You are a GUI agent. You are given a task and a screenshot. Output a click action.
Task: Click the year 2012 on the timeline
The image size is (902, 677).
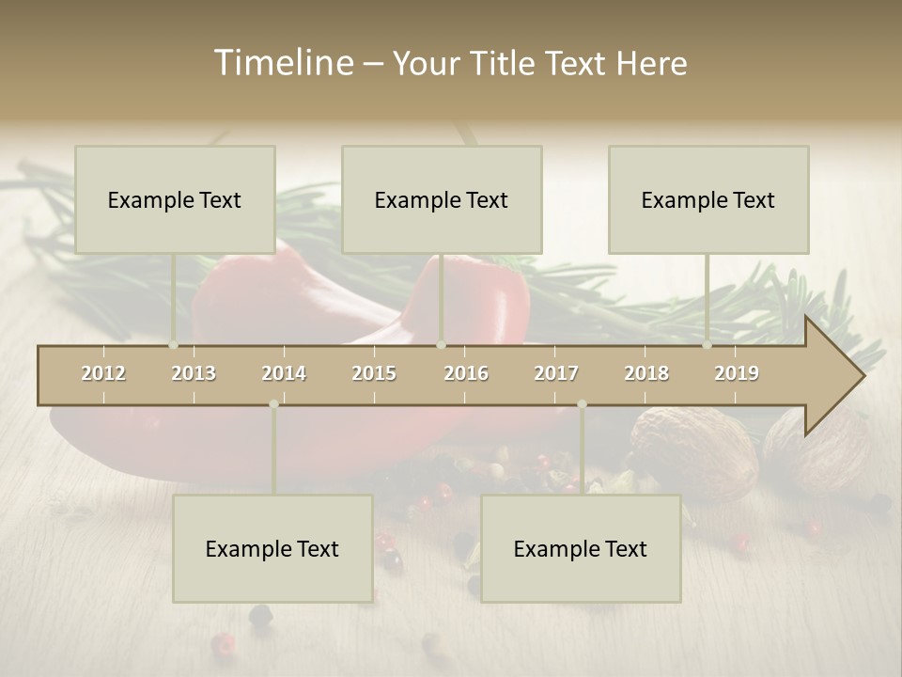103,373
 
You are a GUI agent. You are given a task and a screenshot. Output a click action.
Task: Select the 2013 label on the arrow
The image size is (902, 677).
194,373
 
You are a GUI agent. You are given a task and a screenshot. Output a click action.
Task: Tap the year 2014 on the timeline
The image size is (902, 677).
284,373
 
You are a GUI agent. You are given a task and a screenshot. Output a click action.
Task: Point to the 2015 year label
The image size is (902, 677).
374,373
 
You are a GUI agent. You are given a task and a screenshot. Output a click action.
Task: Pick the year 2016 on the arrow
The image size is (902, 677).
466,373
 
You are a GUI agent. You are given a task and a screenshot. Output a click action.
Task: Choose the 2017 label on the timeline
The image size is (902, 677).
556,373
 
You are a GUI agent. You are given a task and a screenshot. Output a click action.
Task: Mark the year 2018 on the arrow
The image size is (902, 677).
646,373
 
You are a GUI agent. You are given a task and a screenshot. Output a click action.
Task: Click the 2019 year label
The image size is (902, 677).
737,373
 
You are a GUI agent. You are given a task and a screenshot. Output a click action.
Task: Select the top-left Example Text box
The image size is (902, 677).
175,199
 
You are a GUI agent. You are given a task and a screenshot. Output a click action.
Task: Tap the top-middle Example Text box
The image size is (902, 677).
442,199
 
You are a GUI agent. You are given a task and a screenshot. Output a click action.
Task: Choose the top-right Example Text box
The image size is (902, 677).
708,199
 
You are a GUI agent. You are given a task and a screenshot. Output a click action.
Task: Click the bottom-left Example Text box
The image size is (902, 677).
272,548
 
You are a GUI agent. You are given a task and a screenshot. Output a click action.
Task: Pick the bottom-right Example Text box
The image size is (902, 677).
581,548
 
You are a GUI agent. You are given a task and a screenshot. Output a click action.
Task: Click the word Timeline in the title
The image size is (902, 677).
283,63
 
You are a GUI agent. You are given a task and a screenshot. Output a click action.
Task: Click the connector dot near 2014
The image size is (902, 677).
273,404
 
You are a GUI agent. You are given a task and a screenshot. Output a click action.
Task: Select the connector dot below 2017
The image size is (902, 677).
582,404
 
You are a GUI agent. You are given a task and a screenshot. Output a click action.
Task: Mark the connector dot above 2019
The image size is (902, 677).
708,344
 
